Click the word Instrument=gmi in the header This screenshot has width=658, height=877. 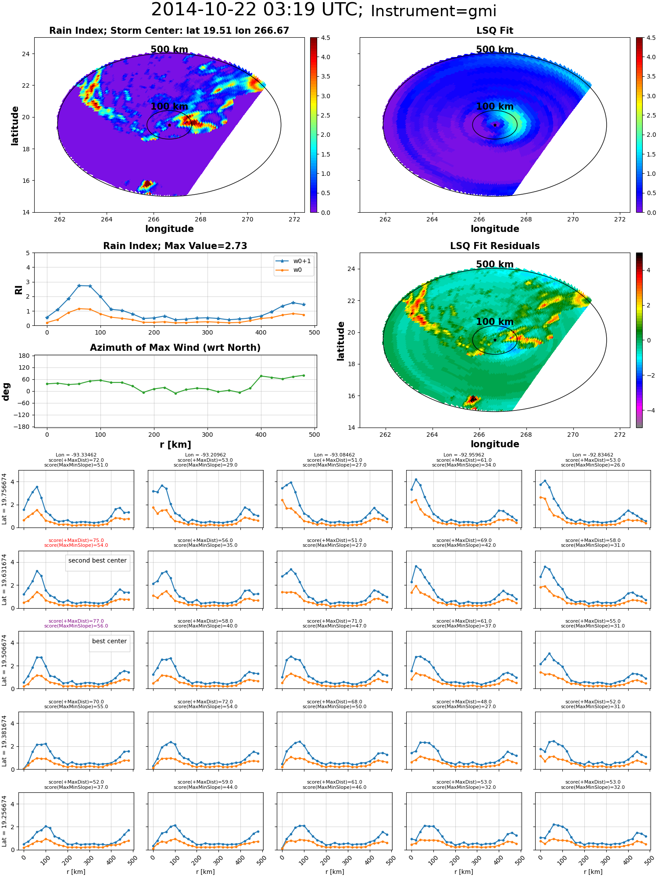pyautogui.click(x=433, y=11)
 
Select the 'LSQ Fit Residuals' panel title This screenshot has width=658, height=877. pyautogui.click(x=495, y=246)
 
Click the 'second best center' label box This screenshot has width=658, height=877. pyautogui.click(x=97, y=560)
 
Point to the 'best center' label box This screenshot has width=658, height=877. pyautogui.click(x=109, y=641)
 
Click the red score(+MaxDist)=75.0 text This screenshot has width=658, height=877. pyautogui.click(x=76, y=541)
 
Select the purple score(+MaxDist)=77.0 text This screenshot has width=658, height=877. pyautogui.click(x=76, y=621)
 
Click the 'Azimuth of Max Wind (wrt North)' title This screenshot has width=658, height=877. pyautogui.click(x=175, y=348)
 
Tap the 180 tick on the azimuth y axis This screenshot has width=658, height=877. pyautogui.click(x=25, y=356)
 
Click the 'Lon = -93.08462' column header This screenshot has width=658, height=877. pyautogui.click(x=335, y=455)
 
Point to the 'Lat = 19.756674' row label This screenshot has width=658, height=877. pyautogui.click(x=4, y=499)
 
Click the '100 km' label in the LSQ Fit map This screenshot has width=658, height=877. pyautogui.click(x=495, y=107)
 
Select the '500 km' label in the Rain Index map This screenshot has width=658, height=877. pyautogui.click(x=169, y=50)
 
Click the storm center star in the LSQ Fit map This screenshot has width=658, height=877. pyautogui.click(x=495, y=125)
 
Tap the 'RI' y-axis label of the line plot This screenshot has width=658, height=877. pyautogui.click(x=19, y=289)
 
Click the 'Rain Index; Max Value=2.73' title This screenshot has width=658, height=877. pyautogui.click(x=175, y=246)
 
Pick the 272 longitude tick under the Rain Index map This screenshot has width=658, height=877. pyautogui.click(x=294, y=219)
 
